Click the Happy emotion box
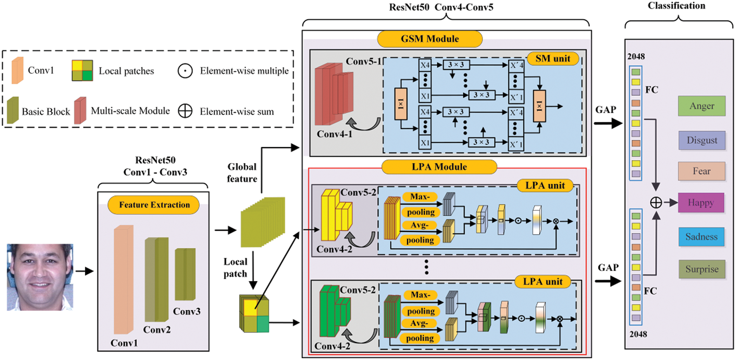701,203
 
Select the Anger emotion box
702,106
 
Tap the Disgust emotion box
702,140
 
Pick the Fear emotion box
701,171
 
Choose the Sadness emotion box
701,237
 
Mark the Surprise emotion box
702,269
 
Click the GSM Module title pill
430,39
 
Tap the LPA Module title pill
439,167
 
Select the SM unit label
553,59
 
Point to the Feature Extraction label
154,205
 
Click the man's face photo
40,277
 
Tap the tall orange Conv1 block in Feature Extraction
124,280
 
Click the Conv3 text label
187,312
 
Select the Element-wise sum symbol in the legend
185,111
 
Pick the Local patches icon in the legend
82,70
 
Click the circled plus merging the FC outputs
656,202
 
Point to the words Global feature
242,173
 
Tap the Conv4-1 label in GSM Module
334,134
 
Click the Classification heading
676,6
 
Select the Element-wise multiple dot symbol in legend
185,71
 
